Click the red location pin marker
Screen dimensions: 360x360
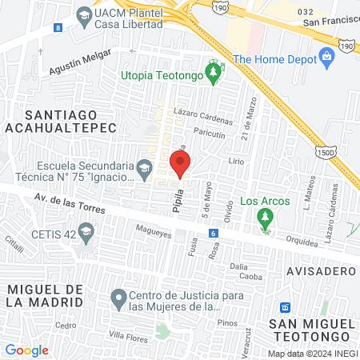180,163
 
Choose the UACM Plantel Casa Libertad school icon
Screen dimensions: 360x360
84,15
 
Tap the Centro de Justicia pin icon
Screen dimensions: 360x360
118,299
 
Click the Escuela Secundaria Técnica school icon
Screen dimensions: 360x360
144,168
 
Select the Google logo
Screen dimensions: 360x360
26,350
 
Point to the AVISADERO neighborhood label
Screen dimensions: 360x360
317,270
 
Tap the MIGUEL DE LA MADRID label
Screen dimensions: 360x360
44,294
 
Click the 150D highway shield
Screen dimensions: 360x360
326,152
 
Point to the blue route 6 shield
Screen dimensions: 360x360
214,233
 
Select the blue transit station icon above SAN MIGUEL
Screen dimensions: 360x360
284,307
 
